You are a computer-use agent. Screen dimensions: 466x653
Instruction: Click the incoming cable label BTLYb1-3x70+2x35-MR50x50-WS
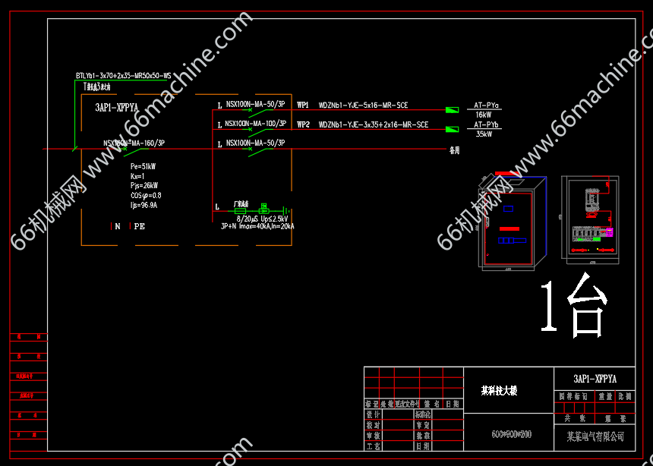(123, 76)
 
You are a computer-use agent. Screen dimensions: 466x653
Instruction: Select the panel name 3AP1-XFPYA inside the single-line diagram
(116, 108)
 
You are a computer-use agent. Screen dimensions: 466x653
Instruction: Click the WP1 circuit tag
(303, 105)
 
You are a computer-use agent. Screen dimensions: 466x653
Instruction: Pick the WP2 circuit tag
(303, 124)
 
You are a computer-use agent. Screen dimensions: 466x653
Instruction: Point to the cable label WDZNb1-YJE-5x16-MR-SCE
(363, 105)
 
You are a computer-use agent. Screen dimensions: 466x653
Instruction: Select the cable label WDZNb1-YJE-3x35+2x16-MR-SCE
(373, 124)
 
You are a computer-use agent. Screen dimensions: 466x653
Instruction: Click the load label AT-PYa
(486, 105)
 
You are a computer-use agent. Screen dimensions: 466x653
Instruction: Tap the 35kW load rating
(484, 134)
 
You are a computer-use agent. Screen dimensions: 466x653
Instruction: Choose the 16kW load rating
(484, 115)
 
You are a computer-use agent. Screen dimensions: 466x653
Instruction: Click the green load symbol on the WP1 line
(452, 110)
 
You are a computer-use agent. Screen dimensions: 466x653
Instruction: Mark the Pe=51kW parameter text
(143, 166)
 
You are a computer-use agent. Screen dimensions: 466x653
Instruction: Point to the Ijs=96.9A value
(144, 205)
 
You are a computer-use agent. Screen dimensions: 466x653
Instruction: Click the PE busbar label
(140, 226)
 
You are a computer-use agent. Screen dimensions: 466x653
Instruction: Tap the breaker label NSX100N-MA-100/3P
(255, 123)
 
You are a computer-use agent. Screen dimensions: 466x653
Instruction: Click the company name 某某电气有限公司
(595, 436)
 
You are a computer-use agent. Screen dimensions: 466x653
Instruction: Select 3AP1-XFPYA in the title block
(595, 378)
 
